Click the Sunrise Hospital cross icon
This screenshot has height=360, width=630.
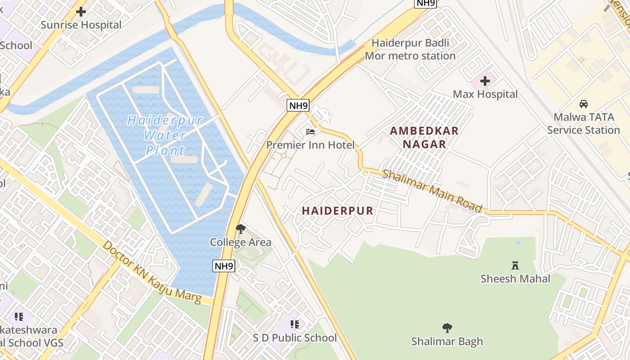pyautogui.click(x=81, y=12)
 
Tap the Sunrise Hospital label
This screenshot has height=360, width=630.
pyautogui.click(x=81, y=25)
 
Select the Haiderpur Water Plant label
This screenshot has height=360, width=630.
pyautogui.click(x=165, y=135)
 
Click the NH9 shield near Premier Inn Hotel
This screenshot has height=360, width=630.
pyautogui.click(x=298, y=106)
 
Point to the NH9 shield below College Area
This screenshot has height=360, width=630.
pyautogui.click(x=224, y=266)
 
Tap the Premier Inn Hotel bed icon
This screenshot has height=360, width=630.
pyautogui.click(x=310, y=132)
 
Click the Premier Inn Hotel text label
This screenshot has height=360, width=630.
pyautogui.click(x=310, y=145)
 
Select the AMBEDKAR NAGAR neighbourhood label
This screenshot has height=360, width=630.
pyautogui.click(x=424, y=138)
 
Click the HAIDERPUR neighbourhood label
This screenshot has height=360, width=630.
pyautogui.click(x=337, y=211)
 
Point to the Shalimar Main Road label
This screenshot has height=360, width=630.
pyautogui.click(x=432, y=190)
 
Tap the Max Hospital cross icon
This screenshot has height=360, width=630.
pyautogui.click(x=485, y=81)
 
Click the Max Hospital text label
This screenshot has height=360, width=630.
pyautogui.click(x=485, y=94)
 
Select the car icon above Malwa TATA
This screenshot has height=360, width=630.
pyautogui.click(x=584, y=104)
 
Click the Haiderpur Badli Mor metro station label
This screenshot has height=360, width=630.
pyautogui.click(x=410, y=49)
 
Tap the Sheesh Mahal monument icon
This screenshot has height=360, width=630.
pyautogui.click(x=515, y=265)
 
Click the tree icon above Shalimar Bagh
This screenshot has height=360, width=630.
pyautogui.click(x=447, y=328)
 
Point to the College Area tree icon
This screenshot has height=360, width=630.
pyautogui.click(x=241, y=229)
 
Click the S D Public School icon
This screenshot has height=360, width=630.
pyautogui.click(x=295, y=324)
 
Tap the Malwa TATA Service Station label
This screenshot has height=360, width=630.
pyautogui.click(x=584, y=124)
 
